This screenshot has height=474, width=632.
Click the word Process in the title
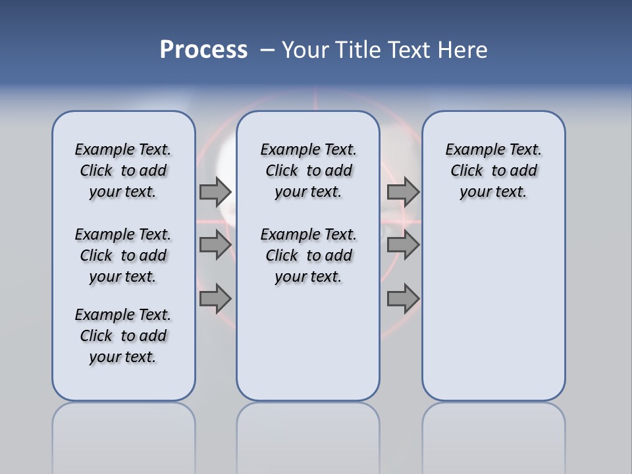(x=203, y=50)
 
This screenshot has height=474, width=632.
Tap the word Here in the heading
(x=463, y=50)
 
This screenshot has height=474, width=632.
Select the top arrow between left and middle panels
(x=215, y=192)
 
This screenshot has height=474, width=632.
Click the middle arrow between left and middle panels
(x=215, y=245)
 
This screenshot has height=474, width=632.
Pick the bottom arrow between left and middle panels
(x=215, y=299)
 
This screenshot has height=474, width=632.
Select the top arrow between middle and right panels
(x=403, y=192)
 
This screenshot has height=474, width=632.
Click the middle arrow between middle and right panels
(x=403, y=245)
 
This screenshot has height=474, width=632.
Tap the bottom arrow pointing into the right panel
(x=403, y=299)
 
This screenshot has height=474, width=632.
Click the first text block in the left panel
(x=123, y=171)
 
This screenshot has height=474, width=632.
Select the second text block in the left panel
(x=123, y=255)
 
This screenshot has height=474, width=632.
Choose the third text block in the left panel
(x=123, y=336)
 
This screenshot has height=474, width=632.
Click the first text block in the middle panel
(x=308, y=171)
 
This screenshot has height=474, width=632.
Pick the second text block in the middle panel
(x=308, y=255)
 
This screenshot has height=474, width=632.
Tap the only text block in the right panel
(x=493, y=171)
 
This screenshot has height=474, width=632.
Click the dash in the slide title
(x=267, y=50)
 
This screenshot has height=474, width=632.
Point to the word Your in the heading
(x=306, y=50)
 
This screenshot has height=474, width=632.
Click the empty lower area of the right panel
(x=493, y=316)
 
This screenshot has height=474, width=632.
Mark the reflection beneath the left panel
(x=124, y=434)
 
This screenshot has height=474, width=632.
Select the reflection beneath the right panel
(x=493, y=434)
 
